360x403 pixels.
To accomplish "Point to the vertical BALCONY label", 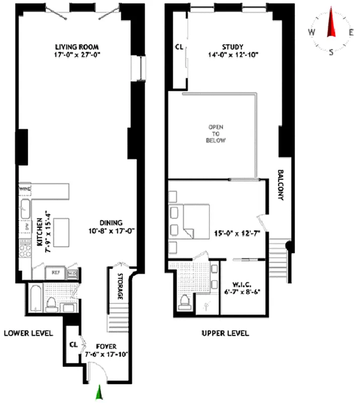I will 280,185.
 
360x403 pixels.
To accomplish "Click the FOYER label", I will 106,347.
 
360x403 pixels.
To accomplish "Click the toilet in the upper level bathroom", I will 184,301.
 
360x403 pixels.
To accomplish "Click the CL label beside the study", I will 179,46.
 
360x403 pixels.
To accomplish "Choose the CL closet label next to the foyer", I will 73,346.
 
